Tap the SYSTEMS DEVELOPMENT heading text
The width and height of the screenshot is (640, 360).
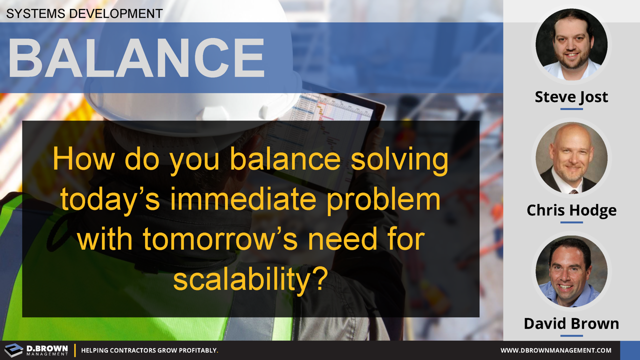click(x=84, y=13)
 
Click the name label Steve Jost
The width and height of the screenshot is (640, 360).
click(x=571, y=96)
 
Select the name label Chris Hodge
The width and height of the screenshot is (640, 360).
click(x=571, y=210)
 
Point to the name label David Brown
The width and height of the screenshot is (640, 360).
click(x=571, y=323)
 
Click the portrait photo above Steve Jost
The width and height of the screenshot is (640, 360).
click(x=571, y=44)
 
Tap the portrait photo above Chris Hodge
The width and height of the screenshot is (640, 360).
click(x=571, y=158)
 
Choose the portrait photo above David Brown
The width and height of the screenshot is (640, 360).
click(x=571, y=271)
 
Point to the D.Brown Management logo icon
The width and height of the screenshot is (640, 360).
click(x=13, y=350)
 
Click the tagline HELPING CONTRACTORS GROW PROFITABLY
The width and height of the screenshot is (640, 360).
click(x=149, y=350)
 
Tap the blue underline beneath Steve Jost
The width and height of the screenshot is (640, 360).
click(x=571, y=108)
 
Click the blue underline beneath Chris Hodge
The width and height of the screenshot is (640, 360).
click(x=571, y=222)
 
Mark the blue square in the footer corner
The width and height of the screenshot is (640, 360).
click(x=630, y=350)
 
